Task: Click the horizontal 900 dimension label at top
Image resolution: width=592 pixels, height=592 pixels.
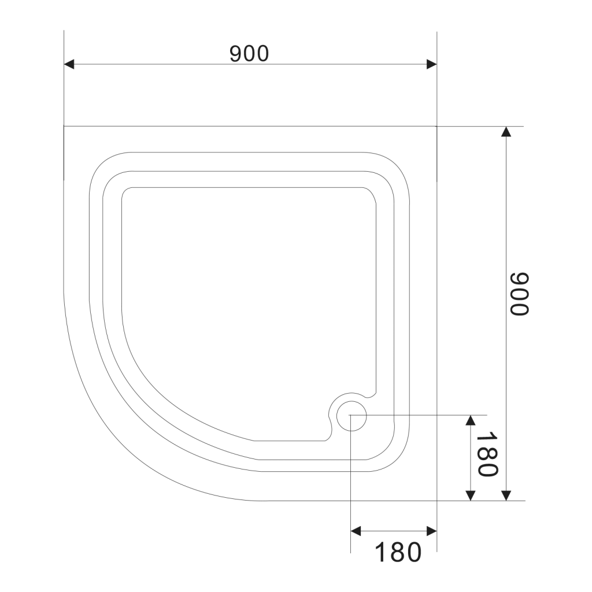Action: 249,54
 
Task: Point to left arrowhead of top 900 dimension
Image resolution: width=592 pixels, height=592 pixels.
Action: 69,64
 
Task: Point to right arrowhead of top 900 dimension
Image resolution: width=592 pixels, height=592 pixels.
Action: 431,64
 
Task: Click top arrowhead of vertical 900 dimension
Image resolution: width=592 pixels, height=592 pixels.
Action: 506,131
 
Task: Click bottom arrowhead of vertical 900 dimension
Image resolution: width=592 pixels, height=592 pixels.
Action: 506,495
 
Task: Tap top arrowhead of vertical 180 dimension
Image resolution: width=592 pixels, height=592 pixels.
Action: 471,420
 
